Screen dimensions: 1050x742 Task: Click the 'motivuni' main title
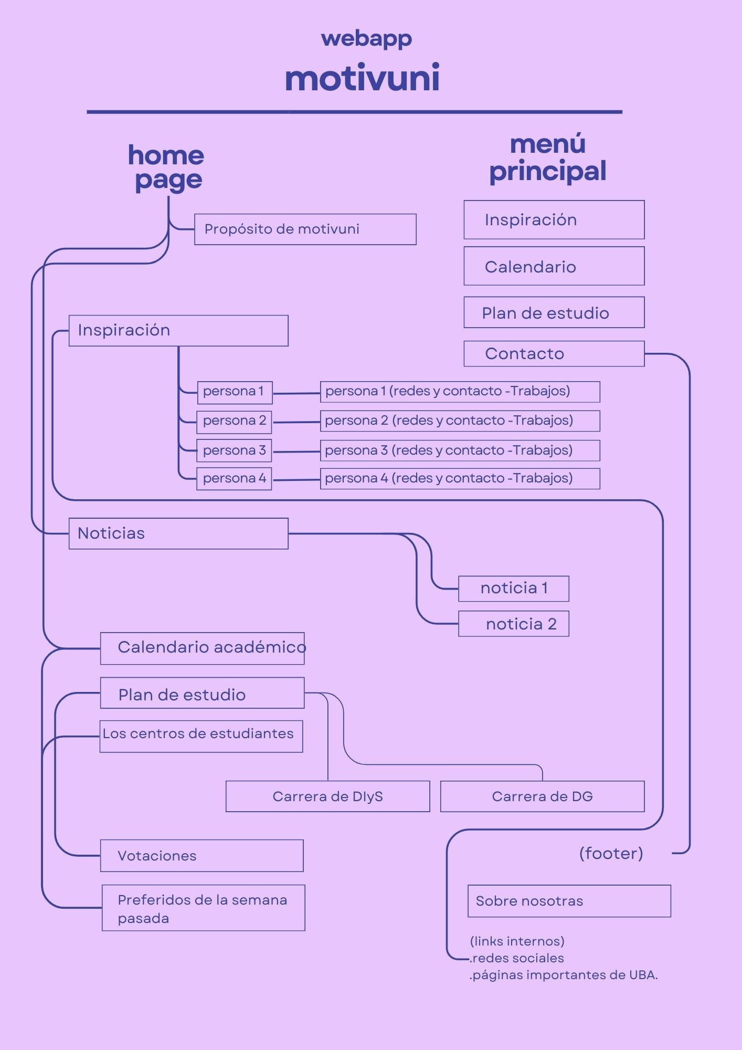coord(362,79)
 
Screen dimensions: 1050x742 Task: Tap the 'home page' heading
coord(166,167)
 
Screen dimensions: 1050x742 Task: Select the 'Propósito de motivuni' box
coord(305,229)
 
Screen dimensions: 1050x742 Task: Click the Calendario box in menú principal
coord(554,266)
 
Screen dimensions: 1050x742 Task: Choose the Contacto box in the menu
coord(554,353)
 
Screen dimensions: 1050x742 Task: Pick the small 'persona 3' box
coord(234,450)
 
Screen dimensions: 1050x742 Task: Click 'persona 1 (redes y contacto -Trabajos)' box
coord(460,392)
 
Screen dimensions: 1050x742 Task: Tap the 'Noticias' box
coord(178,533)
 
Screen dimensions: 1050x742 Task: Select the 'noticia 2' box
coord(513,624)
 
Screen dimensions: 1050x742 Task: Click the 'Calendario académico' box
coord(203,648)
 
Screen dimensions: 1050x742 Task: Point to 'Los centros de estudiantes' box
coord(202,736)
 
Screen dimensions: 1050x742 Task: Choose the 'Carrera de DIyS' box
coord(327,796)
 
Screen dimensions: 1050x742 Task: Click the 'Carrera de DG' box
coord(542,796)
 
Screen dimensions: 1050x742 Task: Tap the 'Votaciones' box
coord(202,856)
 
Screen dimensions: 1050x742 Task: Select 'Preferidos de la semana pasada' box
coord(203,908)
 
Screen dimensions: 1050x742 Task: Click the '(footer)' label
coord(611,853)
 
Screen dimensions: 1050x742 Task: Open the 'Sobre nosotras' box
coord(569,901)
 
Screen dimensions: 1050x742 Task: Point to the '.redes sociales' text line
coord(517,958)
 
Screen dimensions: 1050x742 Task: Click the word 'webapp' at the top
coord(366,39)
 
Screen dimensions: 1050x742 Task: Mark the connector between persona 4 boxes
coord(296,480)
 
